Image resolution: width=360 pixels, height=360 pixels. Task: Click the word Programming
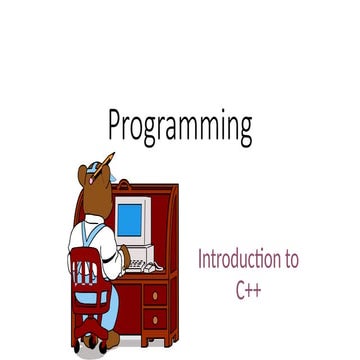point(180,127)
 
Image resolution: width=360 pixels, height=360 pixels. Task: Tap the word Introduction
point(238,260)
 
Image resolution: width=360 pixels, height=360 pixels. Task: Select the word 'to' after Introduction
point(290,260)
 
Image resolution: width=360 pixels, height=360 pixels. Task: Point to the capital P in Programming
point(117,125)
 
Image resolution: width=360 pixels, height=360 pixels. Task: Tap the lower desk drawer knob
point(155,320)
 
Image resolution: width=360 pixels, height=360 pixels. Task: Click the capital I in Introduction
point(200,260)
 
